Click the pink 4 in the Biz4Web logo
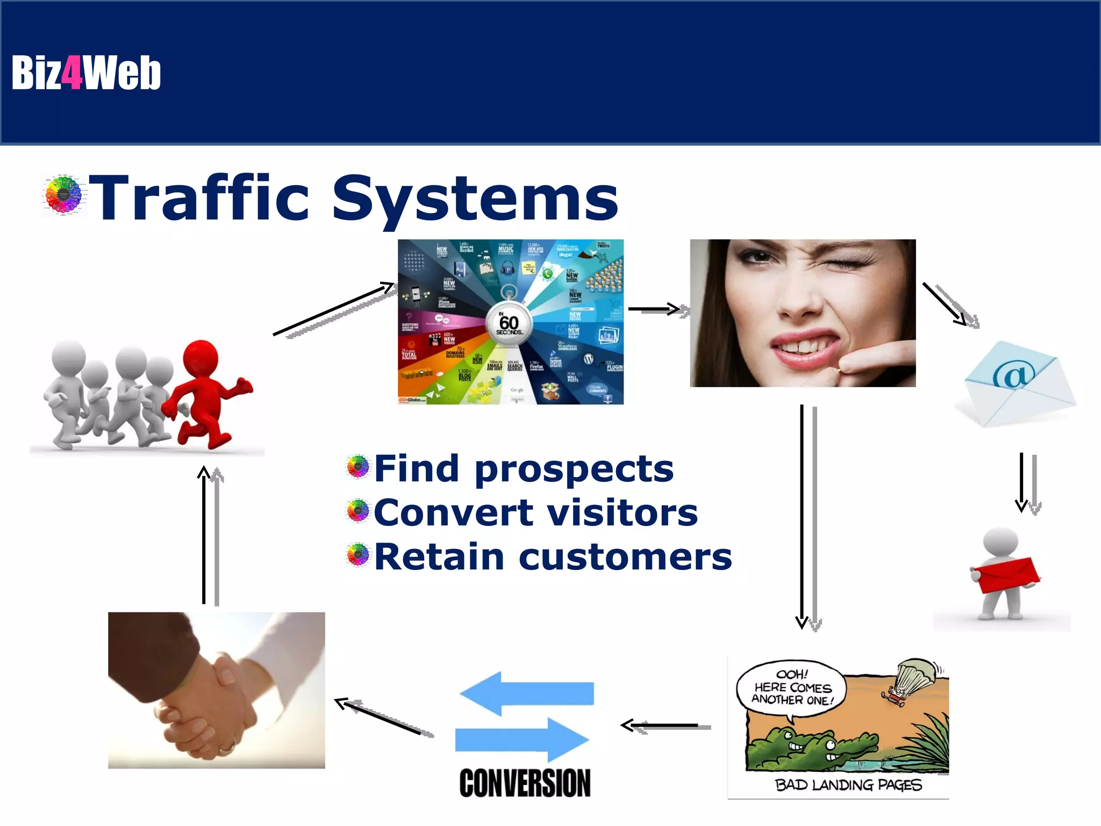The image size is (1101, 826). point(72,73)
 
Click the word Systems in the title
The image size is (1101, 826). point(475,199)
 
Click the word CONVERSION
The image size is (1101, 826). point(525,783)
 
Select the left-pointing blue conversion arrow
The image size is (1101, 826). point(527,693)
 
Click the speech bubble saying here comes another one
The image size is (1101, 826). point(792,687)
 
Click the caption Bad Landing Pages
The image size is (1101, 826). point(848,785)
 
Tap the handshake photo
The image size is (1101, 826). point(216,690)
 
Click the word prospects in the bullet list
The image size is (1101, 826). point(574,469)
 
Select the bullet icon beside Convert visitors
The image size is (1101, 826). point(358,511)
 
